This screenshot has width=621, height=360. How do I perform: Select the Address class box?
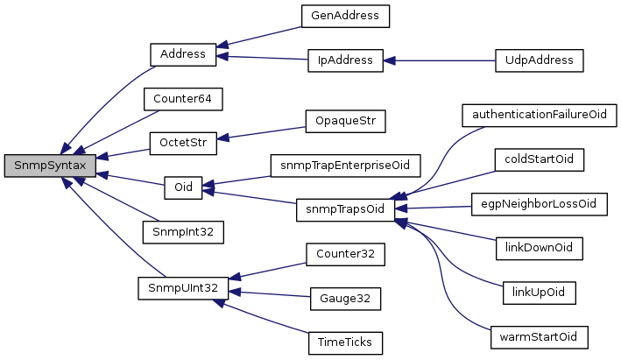[x=182, y=54]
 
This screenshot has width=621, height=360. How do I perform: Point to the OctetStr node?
[x=182, y=142]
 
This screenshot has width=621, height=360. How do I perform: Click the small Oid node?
[x=182, y=187]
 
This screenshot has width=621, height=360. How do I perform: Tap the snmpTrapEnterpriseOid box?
[x=345, y=164]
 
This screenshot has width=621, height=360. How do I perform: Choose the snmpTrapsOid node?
[x=345, y=208]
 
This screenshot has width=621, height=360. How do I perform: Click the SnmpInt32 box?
[x=183, y=232]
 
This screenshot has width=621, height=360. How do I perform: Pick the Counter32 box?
[x=345, y=254]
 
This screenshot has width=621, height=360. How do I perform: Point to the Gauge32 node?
[x=345, y=299]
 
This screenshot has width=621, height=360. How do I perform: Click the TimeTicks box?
[x=345, y=342]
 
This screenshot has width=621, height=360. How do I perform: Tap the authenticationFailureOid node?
[x=539, y=115]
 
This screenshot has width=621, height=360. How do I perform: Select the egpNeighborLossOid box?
[x=539, y=203]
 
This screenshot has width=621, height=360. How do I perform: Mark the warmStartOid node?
[x=539, y=336]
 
